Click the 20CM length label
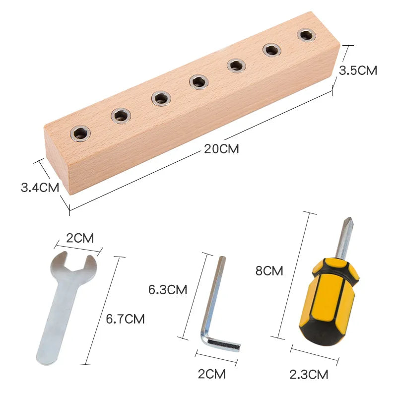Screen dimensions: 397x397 [221, 148]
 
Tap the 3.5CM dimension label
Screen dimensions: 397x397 [357, 70]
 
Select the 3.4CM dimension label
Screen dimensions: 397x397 [40, 188]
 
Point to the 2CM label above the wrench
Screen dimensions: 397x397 [80, 238]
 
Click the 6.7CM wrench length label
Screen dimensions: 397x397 [125, 319]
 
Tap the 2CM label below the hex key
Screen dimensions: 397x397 [211, 373]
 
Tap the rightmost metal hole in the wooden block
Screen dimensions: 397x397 [306, 35]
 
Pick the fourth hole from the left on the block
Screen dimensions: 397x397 [198, 81]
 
